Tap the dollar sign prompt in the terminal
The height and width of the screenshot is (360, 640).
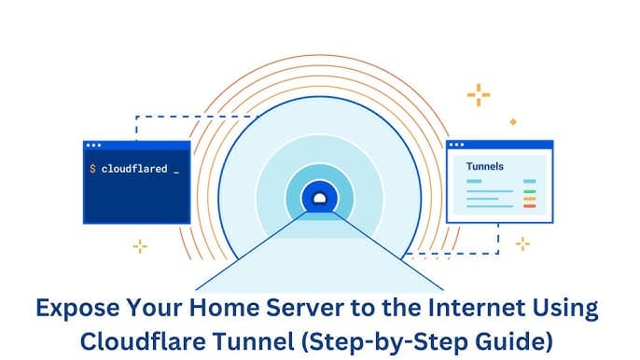point(92,169)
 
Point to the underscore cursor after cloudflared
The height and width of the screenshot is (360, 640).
point(176,172)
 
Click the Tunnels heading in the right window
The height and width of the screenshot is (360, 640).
point(484,166)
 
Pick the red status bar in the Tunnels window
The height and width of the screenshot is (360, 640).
point(530,206)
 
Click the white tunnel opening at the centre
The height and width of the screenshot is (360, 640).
point(320,198)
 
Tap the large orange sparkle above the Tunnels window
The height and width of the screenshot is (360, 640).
point(479,94)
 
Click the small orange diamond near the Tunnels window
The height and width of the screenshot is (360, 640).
point(512,121)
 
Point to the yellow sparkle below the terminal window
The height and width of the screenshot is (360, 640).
point(140,246)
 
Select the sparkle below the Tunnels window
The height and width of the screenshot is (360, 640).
point(522,243)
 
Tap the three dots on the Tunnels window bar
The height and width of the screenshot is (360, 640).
point(457,145)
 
